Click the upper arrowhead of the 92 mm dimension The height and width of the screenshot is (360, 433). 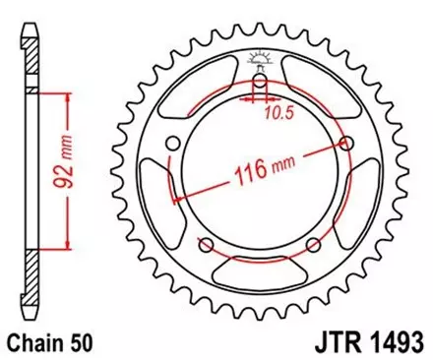[67, 96]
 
